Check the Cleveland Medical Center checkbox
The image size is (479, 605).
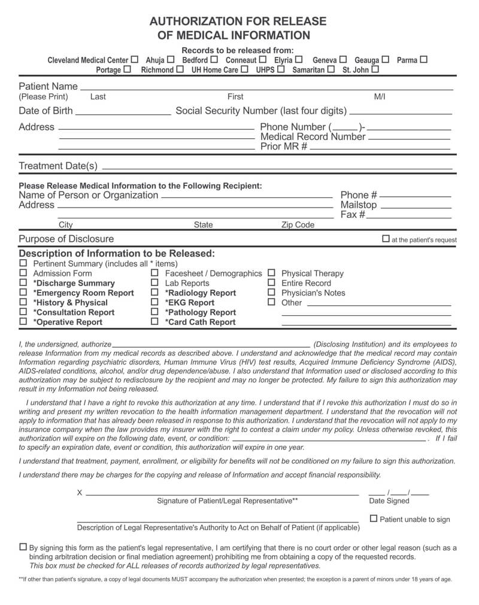(x=135, y=59)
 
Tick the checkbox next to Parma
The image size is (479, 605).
(x=424, y=59)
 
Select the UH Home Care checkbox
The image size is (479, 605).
(x=244, y=69)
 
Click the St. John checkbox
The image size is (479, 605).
(x=375, y=69)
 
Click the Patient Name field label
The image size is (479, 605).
(x=48, y=86)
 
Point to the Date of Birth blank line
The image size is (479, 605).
(x=123, y=113)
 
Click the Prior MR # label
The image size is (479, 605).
(x=284, y=146)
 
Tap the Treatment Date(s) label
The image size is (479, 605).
(x=57, y=165)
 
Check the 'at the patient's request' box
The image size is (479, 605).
(x=386, y=239)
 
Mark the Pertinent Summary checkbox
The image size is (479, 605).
(x=23, y=263)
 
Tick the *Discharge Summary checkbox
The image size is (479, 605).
(x=23, y=282)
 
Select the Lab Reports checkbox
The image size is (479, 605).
(x=154, y=282)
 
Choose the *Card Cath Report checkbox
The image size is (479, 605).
(x=154, y=321)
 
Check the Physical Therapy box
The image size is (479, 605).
(x=271, y=273)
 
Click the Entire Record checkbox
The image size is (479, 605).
(x=271, y=282)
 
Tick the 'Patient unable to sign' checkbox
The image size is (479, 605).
(x=374, y=518)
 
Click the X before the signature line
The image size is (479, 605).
(x=80, y=492)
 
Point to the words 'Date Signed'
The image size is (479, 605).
(x=389, y=501)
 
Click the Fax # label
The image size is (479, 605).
(x=353, y=214)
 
